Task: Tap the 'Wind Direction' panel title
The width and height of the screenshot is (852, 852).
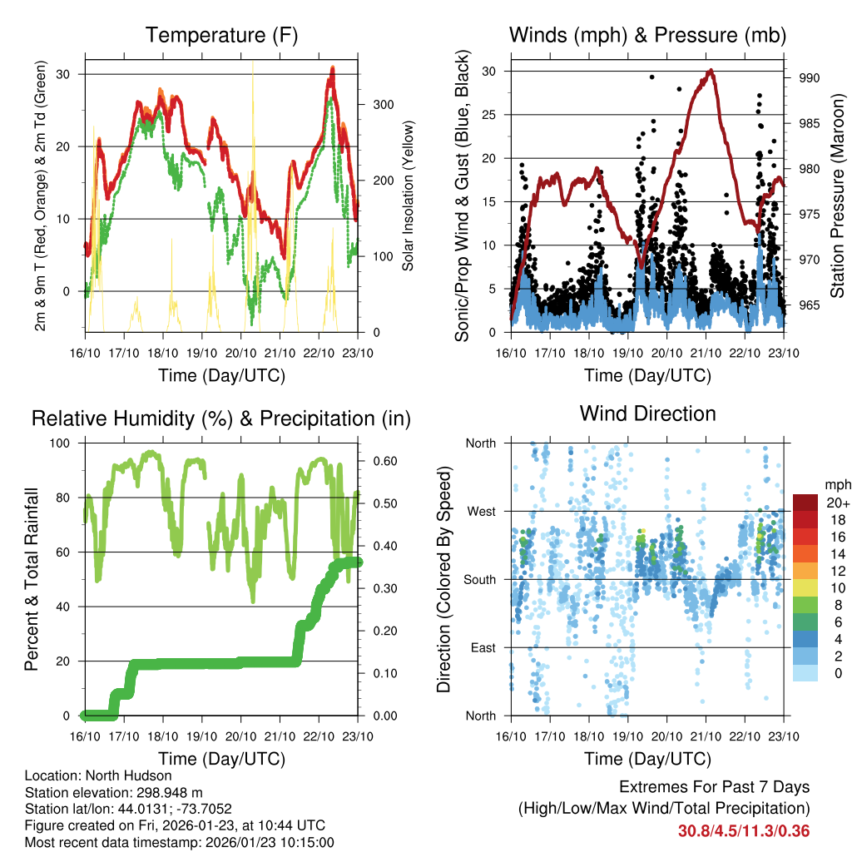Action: [x=647, y=413]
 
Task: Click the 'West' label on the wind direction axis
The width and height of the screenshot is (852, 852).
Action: [x=480, y=511]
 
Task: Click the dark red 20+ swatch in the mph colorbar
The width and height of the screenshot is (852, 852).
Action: [x=806, y=503]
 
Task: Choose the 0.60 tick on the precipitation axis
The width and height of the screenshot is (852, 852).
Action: [x=381, y=461]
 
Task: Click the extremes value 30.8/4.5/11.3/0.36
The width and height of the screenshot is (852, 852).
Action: [x=744, y=830]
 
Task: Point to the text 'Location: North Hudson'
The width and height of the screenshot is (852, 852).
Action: [x=98, y=775]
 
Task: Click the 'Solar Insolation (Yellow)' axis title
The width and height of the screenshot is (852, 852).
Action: [x=409, y=196]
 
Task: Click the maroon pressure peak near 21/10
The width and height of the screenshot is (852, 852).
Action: [x=710, y=71]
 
